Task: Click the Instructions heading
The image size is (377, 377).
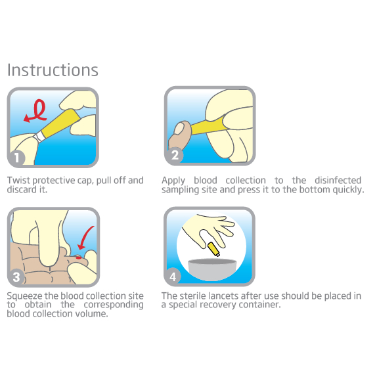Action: (53, 70)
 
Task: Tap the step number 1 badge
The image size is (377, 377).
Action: (16, 158)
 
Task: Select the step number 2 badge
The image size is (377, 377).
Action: (175, 155)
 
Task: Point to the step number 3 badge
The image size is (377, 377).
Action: (16, 277)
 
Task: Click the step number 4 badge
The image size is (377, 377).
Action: (173, 277)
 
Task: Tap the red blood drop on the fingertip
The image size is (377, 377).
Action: (79, 257)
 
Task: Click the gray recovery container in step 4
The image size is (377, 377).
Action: (212, 269)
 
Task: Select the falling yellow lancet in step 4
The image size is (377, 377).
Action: (213, 250)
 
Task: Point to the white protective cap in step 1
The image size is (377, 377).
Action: (39, 137)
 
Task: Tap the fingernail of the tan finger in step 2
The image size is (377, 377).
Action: (179, 128)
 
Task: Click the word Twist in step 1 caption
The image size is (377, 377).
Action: (18, 181)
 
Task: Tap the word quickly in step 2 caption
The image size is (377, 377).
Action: (348, 190)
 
